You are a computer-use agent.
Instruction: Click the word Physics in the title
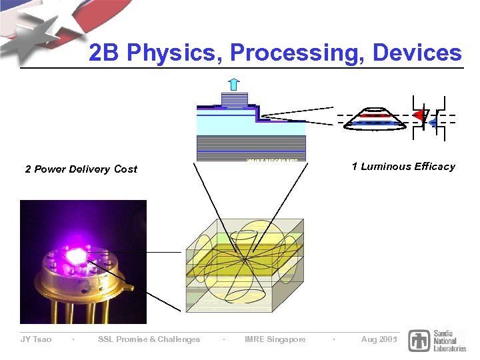pos(169,53)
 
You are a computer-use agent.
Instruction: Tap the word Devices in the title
pos(417,53)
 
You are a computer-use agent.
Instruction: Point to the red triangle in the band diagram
pos(419,116)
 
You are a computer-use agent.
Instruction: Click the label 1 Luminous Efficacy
pos(403,167)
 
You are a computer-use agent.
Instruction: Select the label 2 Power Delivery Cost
pos(81,169)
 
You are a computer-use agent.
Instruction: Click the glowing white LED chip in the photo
pos(75,254)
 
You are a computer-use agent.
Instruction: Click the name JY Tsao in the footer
pos(35,339)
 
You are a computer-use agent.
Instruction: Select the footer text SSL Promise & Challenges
pos(149,339)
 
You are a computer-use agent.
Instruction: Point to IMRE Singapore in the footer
pos(275,339)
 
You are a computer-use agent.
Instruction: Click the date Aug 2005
pos(379,339)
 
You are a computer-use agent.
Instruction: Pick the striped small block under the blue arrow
pos(234,101)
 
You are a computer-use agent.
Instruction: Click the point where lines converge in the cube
pos(245,257)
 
